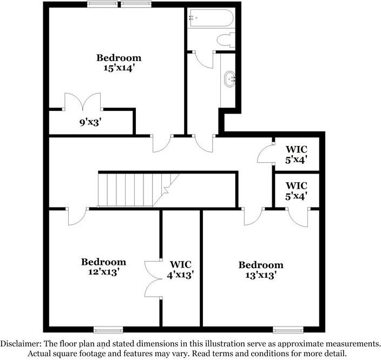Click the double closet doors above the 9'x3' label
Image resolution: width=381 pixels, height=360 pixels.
[x=83, y=102]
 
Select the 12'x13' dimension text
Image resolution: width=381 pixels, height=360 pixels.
[x=104, y=272]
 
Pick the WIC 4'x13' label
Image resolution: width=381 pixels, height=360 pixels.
[x=180, y=269]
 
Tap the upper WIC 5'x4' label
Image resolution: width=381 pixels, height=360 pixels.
[x=296, y=155]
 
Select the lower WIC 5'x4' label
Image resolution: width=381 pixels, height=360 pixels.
[x=296, y=190]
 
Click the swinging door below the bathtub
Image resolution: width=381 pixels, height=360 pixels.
[x=205, y=59]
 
